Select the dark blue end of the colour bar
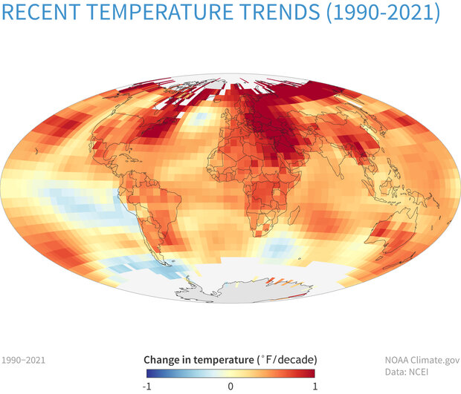coord(151,373)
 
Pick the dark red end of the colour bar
coord(312,373)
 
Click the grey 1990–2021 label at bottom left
coord(24,360)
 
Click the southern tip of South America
coord(173,261)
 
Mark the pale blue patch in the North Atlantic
coord(196,119)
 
